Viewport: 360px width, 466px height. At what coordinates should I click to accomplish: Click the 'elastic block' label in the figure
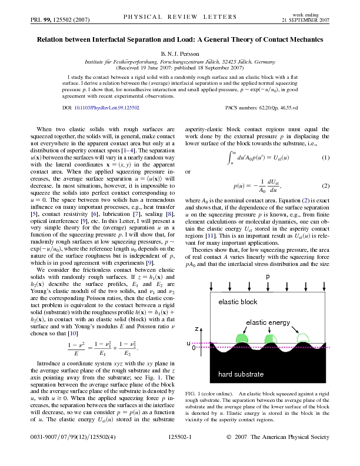click(238, 302)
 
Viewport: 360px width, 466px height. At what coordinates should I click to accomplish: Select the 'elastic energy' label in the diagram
click(268, 322)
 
